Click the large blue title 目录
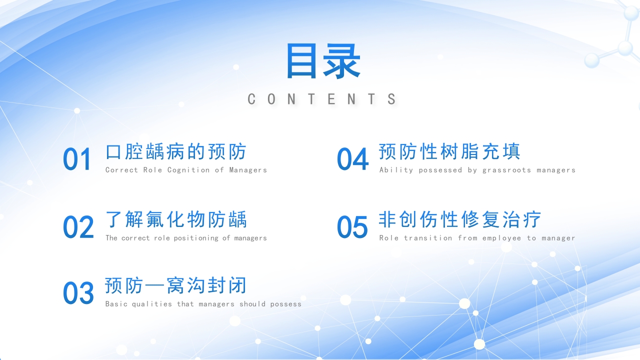click(322, 61)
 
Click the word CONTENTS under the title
click(322, 99)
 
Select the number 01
click(77, 159)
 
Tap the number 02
click(78, 227)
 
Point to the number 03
click(78, 293)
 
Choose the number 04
click(352, 159)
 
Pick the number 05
click(352, 227)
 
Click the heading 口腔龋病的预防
click(176, 151)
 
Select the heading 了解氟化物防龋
click(176, 219)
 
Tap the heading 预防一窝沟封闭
click(176, 285)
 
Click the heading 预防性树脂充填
click(449, 151)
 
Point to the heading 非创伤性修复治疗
click(460, 219)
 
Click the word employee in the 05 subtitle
click(501, 238)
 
